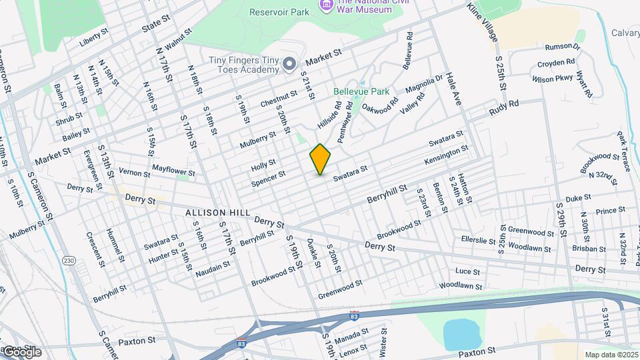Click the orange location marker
coord(321,159)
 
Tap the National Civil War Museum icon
coord(327,5)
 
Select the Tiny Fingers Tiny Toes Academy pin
coord(289,64)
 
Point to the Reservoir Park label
coord(279,12)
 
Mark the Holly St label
coord(263,165)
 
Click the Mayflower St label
coord(173,171)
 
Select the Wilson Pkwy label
coord(552,78)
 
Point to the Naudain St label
coord(213,268)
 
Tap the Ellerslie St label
coord(480,238)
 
